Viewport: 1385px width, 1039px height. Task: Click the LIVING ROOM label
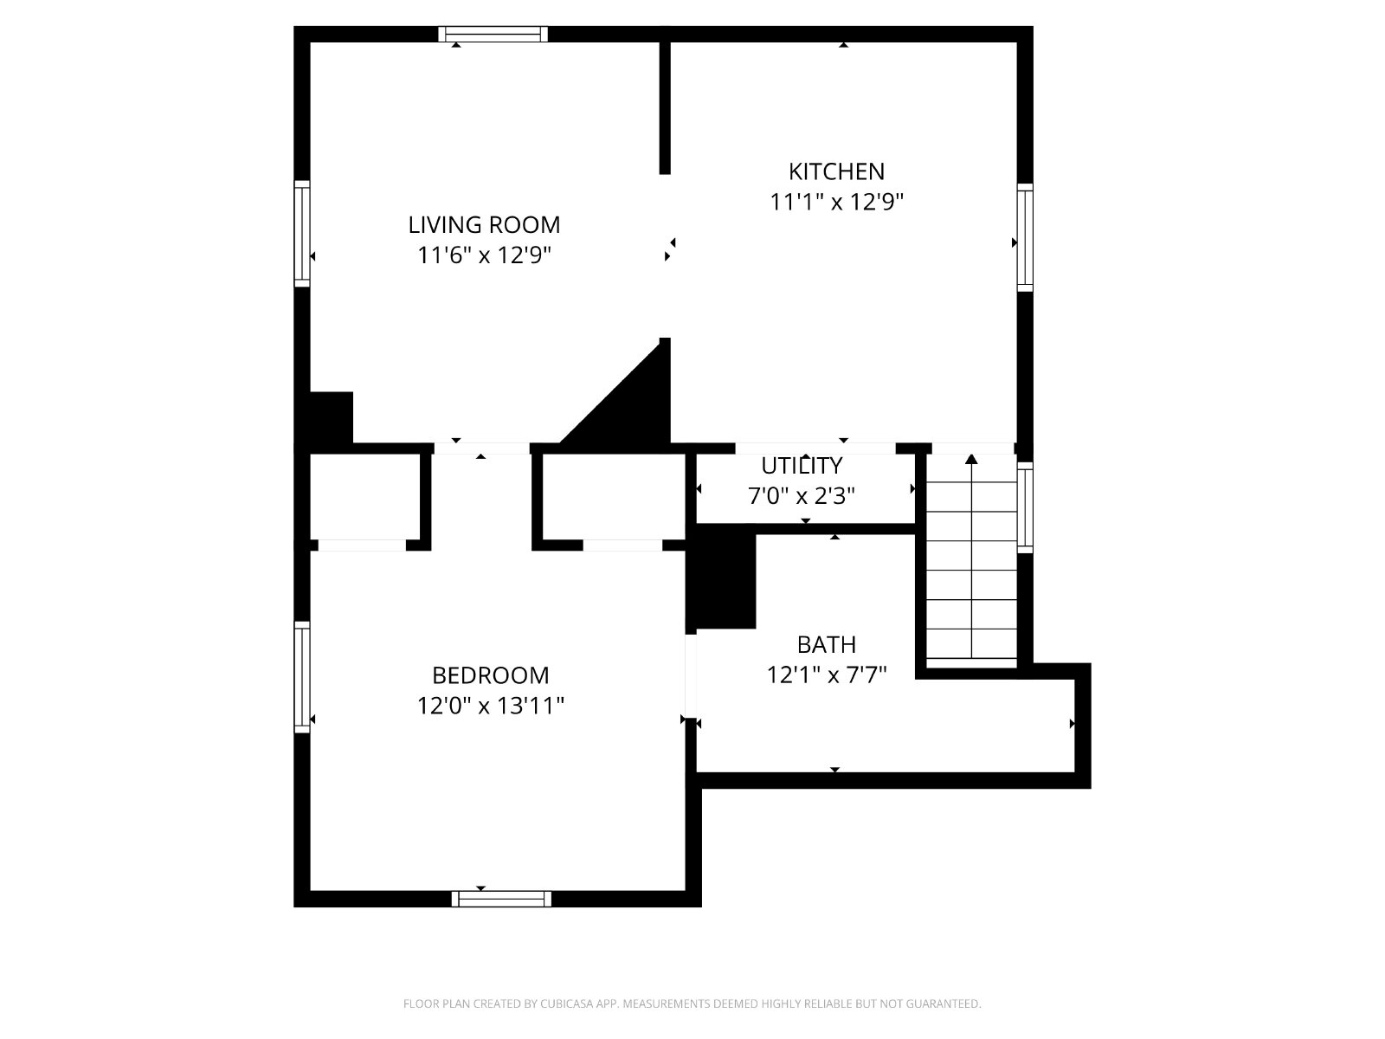[x=484, y=224]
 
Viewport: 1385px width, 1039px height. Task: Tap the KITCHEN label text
[x=836, y=171]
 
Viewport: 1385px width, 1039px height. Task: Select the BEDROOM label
[x=490, y=675]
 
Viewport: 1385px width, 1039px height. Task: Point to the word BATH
[x=827, y=645]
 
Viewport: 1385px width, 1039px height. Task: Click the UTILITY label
[x=802, y=466]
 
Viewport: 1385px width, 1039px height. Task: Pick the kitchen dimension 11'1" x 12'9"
[x=836, y=203]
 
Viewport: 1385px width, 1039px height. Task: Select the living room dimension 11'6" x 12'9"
[x=484, y=255]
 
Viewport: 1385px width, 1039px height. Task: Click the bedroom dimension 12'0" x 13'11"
[x=490, y=706]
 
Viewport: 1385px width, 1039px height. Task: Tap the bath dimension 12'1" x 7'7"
[x=827, y=675]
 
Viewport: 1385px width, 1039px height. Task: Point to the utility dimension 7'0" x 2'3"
[x=802, y=496]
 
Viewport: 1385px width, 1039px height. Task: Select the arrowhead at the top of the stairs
[x=971, y=459]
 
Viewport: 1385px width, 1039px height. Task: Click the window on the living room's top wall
[x=493, y=34]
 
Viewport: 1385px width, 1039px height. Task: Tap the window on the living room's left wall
[x=302, y=234]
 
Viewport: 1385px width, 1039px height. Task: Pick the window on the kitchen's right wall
[x=1025, y=238]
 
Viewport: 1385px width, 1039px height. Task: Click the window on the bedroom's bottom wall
[x=501, y=899]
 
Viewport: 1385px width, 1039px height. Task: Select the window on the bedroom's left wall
[x=302, y=678]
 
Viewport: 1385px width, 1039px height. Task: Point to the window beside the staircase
[x=1025, y=508]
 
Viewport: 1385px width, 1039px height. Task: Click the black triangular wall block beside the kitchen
[x=631, y=403]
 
